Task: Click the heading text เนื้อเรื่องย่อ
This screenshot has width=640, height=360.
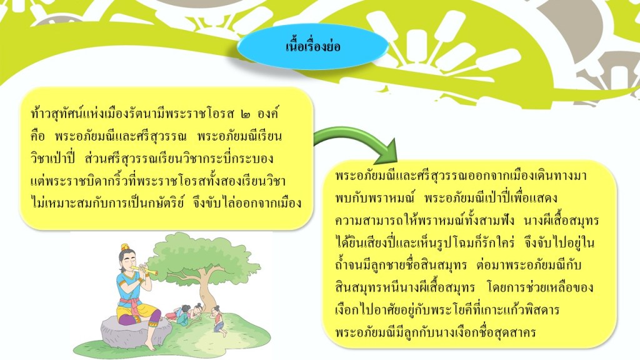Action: [312, 46]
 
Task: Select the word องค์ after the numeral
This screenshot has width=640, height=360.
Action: [267, 113]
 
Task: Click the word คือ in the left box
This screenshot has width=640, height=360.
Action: [37, 136]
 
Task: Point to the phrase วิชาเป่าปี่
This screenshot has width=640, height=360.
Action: [53, 158]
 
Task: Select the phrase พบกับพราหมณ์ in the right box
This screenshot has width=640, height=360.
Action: [375, 198]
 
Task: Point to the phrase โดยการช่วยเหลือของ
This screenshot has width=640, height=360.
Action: [540, 287]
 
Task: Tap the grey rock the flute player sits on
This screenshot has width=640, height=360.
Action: [135, 331]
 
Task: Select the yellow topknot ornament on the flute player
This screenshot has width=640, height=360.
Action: [125, 246]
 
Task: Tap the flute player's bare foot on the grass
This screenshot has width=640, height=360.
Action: [151, 346]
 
